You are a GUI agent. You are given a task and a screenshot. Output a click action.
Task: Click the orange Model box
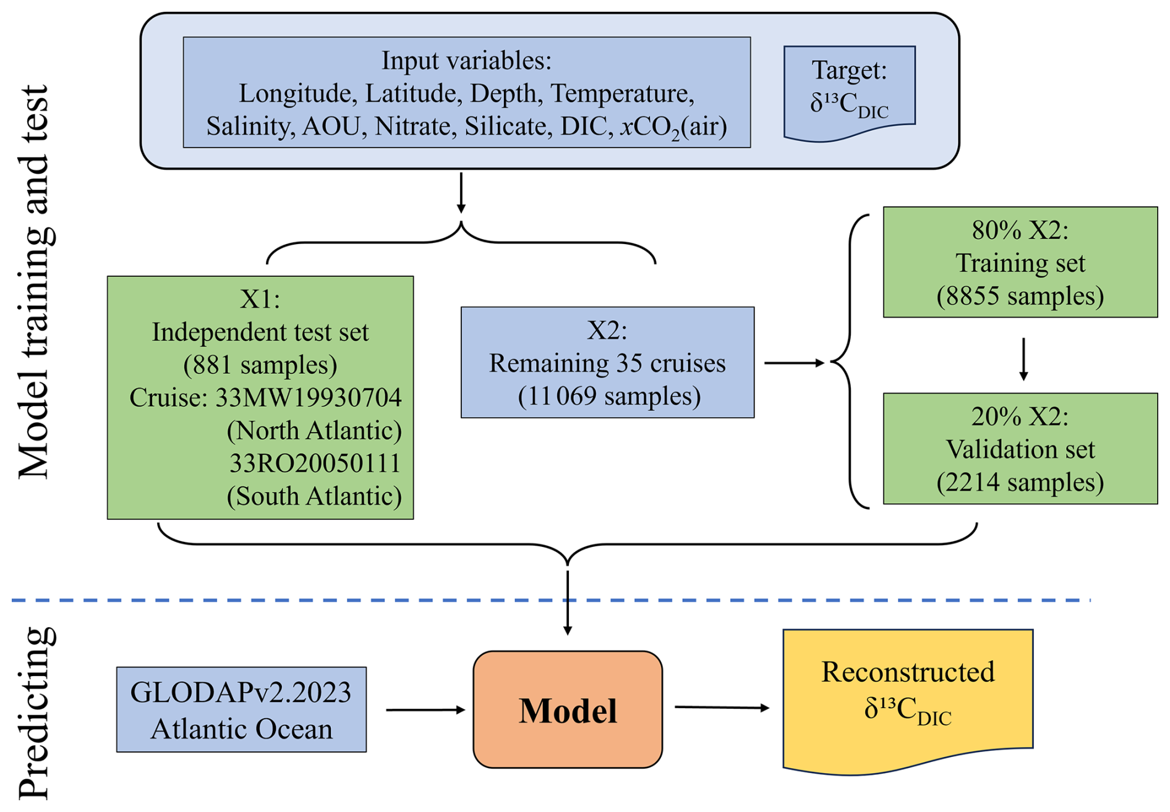click(x=567, y=709)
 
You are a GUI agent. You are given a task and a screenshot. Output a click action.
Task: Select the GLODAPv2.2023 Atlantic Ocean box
click(x=241, y=709)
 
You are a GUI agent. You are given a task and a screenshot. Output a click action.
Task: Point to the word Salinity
click(x=250, y=127)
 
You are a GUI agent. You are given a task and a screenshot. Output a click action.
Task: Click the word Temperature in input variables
click(x=621, y=94)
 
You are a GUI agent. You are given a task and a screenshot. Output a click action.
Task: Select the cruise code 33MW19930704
click(x=308, y=398)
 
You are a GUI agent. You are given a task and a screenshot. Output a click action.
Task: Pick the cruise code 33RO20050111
click(x=315, y=463)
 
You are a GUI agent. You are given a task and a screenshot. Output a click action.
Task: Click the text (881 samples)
click(x=260, y=365)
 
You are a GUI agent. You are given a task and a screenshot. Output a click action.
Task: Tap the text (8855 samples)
click(x=1020, y=296)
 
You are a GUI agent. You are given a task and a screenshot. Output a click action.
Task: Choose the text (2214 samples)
click(x=1020, y=483)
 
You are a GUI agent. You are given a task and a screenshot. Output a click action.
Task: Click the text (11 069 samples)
click(x=608, y=396)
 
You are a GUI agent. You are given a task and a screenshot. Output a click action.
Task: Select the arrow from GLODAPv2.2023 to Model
click(x=425, y=710)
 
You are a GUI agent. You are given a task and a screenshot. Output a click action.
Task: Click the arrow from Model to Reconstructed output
click(x=722, y=707)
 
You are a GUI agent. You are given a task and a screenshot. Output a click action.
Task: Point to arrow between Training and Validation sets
click(x=1023, y=358)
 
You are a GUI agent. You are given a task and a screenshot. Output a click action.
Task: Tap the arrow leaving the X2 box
click(x=795, y=363)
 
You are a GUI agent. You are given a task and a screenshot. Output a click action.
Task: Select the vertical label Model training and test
click(x=35, y=281)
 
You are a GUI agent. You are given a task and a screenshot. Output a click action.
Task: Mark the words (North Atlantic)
click(x=314, y=431)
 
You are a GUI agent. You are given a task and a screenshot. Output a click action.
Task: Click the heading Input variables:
click(x=466, y=61)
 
